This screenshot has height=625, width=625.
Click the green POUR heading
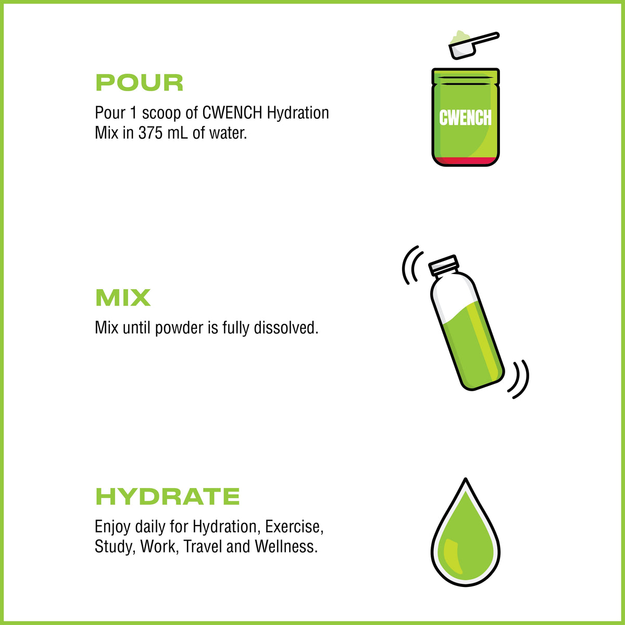140,83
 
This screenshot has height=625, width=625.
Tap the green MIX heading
123,297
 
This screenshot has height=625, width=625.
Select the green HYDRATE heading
167,496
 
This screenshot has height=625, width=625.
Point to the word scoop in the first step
161,114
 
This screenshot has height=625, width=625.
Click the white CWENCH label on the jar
465,117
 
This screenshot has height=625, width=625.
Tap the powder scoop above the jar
473,44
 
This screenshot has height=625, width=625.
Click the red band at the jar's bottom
466,161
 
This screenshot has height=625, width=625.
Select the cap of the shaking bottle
443,265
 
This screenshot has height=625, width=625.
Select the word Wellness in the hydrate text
286,546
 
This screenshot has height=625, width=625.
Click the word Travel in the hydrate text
203,546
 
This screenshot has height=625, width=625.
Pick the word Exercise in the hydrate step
294,527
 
